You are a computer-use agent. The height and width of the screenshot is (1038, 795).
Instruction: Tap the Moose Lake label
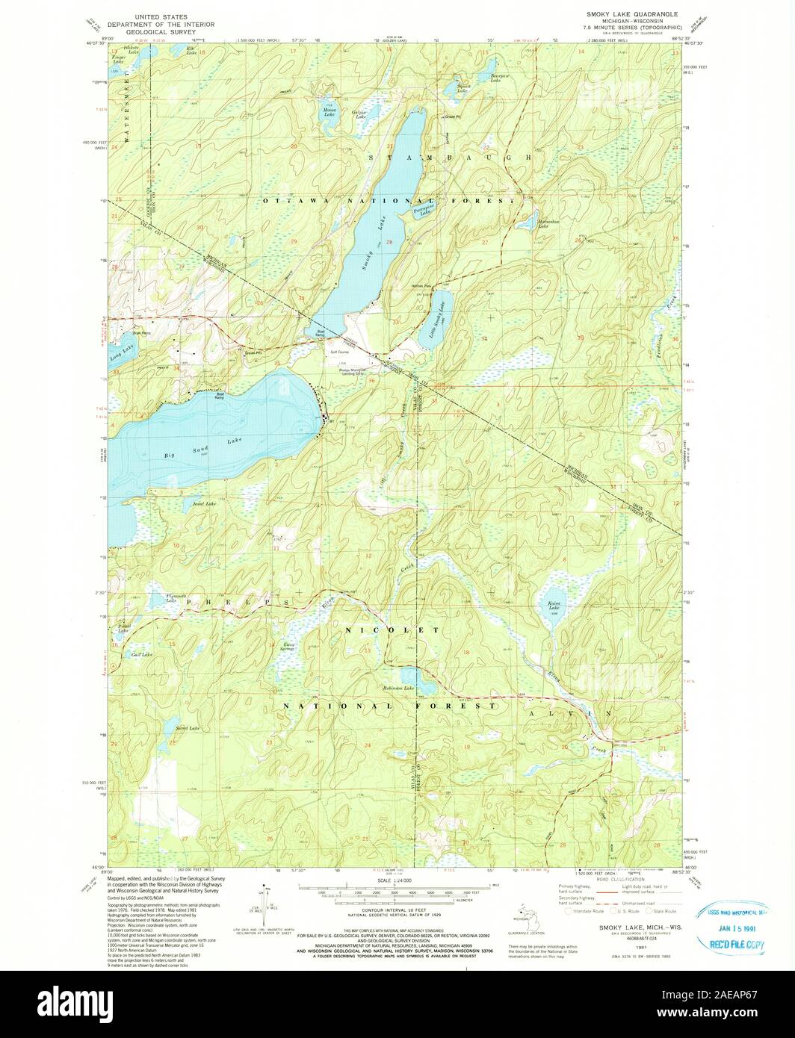(x=329, y=112)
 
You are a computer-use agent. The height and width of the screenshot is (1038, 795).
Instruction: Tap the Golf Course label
(x=343, y=351)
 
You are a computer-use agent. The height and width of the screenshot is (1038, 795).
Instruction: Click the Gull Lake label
(x=141, y=655)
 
